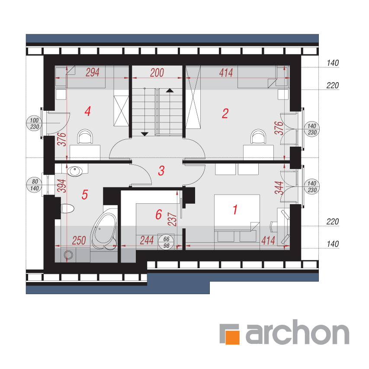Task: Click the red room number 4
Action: (87, 111)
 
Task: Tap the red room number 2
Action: (225, 113)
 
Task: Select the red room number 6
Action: (159, 215)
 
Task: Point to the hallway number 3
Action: (161, 170)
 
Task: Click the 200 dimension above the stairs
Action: (157, 73)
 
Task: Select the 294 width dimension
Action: (92, 72)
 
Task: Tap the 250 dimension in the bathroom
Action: (79, 241)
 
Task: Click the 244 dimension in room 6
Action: (147, 240)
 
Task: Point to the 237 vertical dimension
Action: (172, 219)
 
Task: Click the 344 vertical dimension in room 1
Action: (279, 188)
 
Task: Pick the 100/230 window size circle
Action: (34, 123)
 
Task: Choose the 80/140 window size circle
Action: (34, 185)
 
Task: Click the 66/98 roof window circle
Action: (166, 242)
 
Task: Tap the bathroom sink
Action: (75, 171)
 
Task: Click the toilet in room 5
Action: (67, 209)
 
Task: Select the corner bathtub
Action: (104, 231)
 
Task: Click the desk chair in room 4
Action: (85, 136)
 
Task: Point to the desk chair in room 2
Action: (258, 136)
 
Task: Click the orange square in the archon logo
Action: (232, 337)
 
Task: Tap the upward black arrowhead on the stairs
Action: (170, 90)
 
